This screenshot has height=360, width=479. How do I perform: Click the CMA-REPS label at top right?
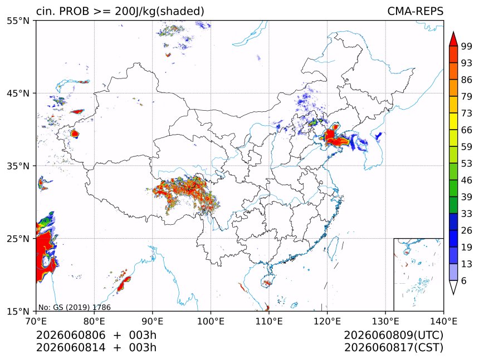[x=415, y=11]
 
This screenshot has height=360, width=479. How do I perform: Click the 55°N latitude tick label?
[x=18, y=21]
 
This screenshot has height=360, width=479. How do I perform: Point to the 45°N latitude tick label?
[x=18, y=93]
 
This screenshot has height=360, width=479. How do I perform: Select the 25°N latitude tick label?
[x=18, y=239]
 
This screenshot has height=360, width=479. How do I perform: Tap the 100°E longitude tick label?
[x=211, y=321]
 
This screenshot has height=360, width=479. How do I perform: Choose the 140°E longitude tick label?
[x=443, y=321]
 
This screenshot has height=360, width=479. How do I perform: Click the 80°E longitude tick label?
[x=94, y=321]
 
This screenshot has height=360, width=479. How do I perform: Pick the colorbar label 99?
[x=467, y=46]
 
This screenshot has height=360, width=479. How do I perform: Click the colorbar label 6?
[x=464, y=280]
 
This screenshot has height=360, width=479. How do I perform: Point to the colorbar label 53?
[x=467, y=164]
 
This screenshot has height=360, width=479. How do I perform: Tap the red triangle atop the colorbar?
[x=453, y=39]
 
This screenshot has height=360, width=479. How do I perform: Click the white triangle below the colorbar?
[x=453, y=288]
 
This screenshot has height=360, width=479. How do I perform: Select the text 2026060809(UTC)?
[x=393, y=335]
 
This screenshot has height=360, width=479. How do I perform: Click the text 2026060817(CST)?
[x=393, y=348]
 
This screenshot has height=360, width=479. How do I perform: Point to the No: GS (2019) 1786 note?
[x=75, y=307]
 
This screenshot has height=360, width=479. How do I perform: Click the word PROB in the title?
[x=75, y=11]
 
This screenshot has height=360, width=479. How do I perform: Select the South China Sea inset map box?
[x=418, y=274]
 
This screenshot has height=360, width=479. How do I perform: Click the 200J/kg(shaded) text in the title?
[x=159, y=11]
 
